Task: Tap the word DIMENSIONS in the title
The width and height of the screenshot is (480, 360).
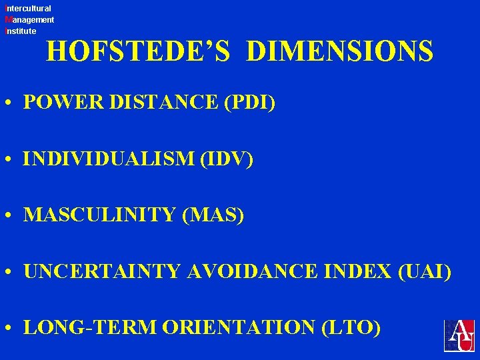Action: [339, 51]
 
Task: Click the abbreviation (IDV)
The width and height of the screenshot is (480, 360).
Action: [228, 160]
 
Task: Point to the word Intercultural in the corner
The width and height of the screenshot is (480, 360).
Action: [28, 9]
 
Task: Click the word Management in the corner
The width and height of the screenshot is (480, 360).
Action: [29, 20]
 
